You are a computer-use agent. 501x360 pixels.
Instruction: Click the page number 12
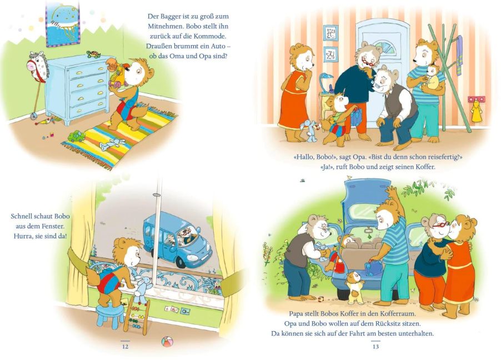click(126, 347)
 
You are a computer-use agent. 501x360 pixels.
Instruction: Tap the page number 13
click(375, 347)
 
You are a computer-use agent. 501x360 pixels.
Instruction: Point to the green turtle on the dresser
click(94, 54)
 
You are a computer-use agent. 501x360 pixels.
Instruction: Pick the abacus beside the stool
click(137, 316)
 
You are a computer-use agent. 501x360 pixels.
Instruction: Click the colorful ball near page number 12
click(167, 342)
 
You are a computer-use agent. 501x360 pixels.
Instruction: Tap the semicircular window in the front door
click(383, 47)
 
